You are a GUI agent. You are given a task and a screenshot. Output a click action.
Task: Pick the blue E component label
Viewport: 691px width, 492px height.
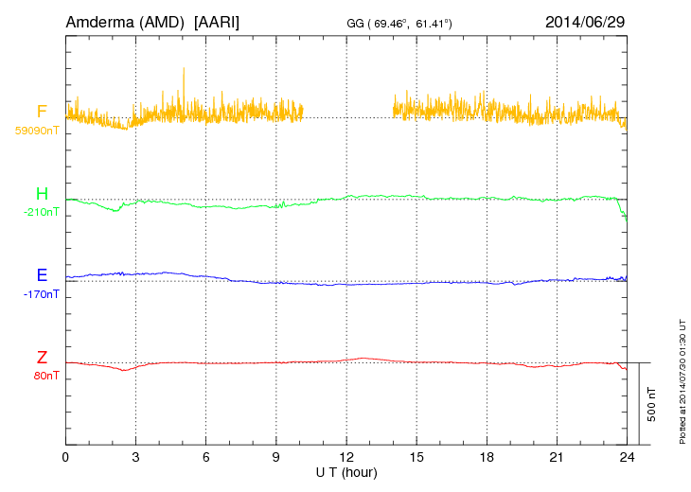[x=42, y=276]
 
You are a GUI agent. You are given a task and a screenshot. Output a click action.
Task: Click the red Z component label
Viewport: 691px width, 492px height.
[x=42, y=358]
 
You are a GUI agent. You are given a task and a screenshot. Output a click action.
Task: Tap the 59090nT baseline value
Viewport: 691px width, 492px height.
[x=36, y=131]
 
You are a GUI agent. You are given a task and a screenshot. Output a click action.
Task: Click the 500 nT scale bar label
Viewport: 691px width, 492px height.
[x=651, y=404]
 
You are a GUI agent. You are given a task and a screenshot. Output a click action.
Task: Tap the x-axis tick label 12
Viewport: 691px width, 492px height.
[x=345, y=457]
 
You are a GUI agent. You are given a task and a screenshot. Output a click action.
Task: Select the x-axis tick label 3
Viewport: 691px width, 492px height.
[x=135, y=457]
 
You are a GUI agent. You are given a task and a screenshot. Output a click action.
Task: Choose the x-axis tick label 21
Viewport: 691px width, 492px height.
[x=556, y=457]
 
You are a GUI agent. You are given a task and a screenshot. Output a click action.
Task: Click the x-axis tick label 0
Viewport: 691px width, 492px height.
[x=65, y=457]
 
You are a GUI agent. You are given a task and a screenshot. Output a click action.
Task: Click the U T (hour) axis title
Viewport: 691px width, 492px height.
[x=346, y=470]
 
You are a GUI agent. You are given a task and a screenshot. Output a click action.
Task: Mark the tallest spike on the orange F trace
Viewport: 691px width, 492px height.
[x=184, y=68]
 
